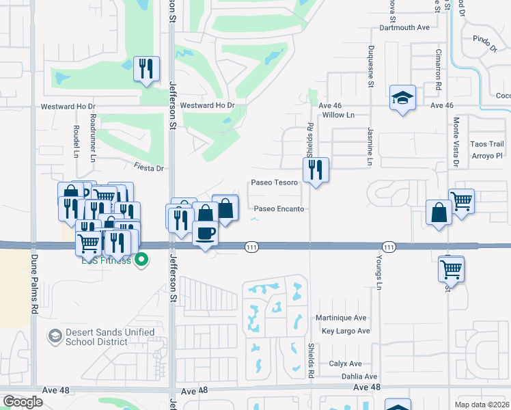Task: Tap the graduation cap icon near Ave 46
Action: click(402, 98)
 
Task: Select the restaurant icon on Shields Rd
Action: click(316, 169)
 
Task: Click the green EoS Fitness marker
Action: click(141, 260)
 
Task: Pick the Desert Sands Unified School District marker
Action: click(54, 336)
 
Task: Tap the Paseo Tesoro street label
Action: click(275, 182)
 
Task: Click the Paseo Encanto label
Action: click(279, 208)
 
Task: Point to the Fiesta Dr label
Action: click(150, 167)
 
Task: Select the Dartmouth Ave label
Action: click(404, 28)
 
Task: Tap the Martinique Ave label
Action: click(341, 318)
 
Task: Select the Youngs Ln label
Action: click(378, 273)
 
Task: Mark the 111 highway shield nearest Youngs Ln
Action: click(389, 246)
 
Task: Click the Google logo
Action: click(23, 402)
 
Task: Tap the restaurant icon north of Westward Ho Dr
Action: click(146, 69)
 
